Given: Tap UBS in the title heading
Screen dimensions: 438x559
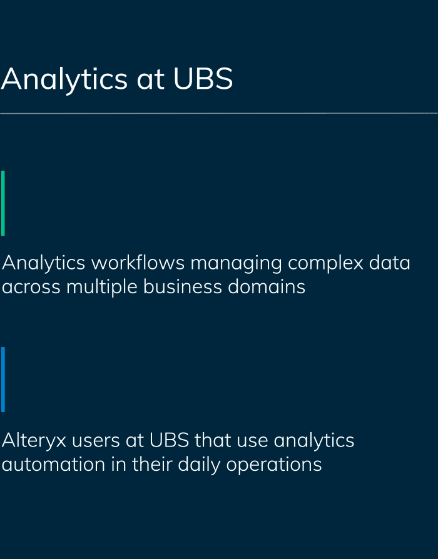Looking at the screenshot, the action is coord(203,78).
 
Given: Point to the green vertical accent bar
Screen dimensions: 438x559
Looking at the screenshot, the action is coord(3,203).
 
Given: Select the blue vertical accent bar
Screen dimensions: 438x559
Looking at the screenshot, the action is coord(3,380).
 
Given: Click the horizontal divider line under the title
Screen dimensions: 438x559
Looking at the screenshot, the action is coord(219,113).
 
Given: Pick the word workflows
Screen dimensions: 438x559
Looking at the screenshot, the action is coord(138,263).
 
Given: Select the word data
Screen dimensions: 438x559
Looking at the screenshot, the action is coord(389,263).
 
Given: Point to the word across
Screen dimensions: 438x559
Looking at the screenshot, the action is coord(31,288).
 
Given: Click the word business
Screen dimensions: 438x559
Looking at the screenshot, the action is coord(183,286).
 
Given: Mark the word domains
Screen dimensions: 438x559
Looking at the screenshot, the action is coord(267,286).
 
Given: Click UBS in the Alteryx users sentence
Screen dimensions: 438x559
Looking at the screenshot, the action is coord(169,440).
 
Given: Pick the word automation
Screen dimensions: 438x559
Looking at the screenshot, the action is coord(54,464).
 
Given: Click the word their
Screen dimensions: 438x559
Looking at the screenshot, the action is coord(152,464).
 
